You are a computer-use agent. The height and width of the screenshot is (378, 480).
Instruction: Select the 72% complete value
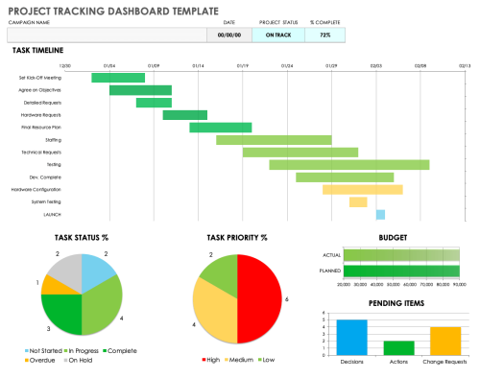(x=325, y=35)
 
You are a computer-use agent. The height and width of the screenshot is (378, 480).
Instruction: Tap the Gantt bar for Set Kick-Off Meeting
(x=118, y=78)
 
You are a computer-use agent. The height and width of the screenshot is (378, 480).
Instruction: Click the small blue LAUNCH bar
(x=380, y=214)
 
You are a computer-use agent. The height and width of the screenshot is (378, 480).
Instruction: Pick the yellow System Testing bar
(x=358, y=201)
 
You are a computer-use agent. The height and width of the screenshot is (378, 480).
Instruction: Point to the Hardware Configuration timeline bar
(x=362, y=189)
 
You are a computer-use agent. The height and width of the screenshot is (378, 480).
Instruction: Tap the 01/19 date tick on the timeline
(x=242, y=66)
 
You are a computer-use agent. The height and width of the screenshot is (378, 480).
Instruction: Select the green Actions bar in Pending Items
(x=397, y=347)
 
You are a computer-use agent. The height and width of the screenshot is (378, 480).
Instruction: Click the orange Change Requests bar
(x=444, y=340)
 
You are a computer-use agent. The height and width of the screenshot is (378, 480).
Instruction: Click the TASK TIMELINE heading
(x=37, y=49)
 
